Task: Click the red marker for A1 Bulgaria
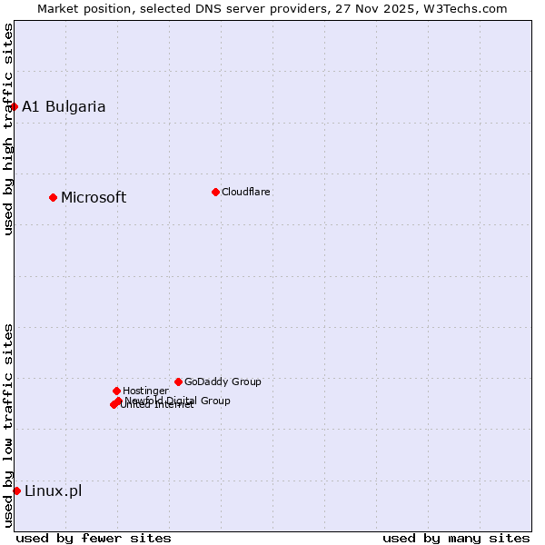click(14, 106)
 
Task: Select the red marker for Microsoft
click(53, 197)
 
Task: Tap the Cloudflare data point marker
click(215, 192)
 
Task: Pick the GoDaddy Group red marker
click(178, 381)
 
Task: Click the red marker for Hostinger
click(116, 391)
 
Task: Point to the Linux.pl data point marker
click(16, 490)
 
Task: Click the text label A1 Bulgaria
click(64, 106)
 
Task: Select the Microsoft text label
click(94, 197)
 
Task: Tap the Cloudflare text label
click(245, 192)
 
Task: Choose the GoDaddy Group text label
click(223, 381)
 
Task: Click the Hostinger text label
click(145, 391)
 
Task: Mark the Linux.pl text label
click(53, 490)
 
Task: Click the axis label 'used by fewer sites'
click(94, 538)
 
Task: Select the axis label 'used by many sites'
click(456, 538)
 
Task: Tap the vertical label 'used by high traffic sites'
click(8, 129)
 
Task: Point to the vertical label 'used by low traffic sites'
click(8, 425)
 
